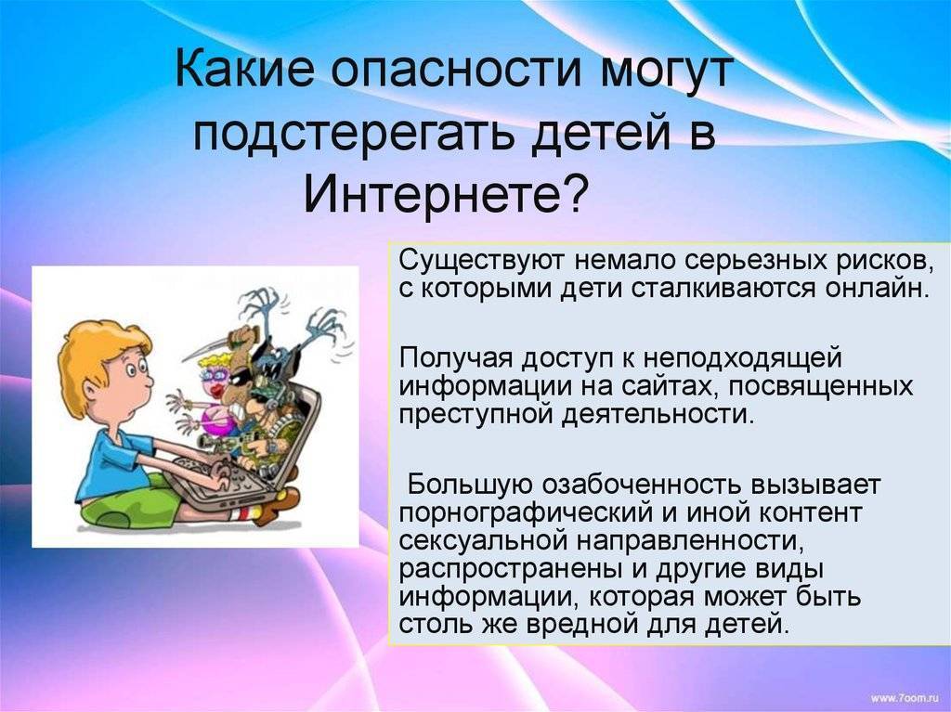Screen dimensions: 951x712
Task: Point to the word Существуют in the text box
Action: pyautogui.click(x=482, y=262)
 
